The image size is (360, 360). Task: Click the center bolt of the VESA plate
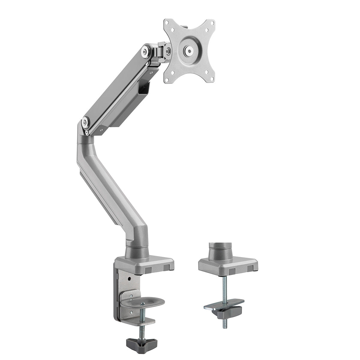[x=189, y=50]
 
